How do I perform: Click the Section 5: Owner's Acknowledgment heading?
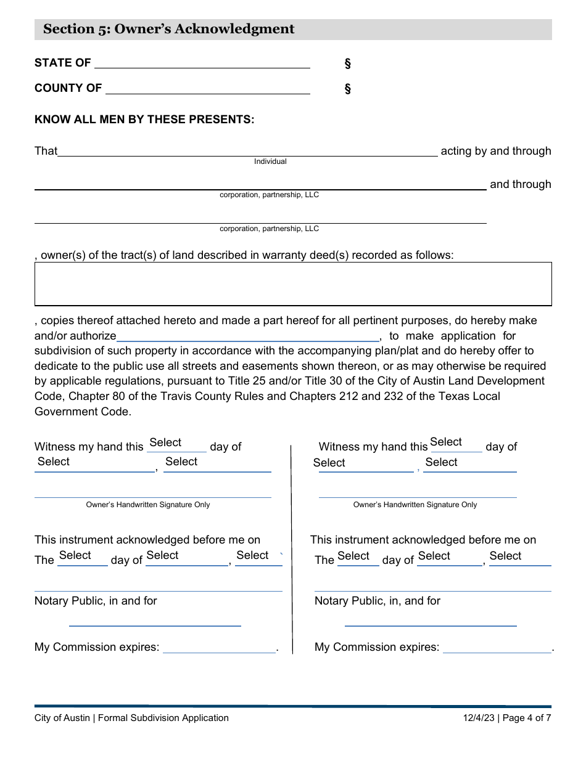tap(169, 30)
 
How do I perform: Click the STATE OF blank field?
tap(202, 63)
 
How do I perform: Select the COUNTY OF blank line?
tap(208, 89)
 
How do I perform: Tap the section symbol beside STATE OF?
tap(347, 63)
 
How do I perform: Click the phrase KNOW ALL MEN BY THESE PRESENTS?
tap(144, 120)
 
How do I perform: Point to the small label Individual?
tap(270, 161)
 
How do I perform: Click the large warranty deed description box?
tap(293, 284)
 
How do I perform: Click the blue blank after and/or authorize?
tap(248, 336)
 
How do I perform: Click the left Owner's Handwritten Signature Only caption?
tap(148, 505)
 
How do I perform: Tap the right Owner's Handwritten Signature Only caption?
tap(415, 505)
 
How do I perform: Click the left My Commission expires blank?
tap(220, 648)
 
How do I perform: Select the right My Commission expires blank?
tap(497, 648)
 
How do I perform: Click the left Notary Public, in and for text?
tap(96, 601)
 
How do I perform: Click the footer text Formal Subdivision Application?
tap(163, 718)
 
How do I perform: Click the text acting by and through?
tap(496, 151)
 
